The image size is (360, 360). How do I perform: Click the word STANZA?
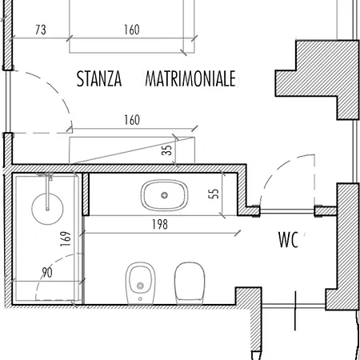[99, 78]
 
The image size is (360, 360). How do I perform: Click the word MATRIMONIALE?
[190, 78]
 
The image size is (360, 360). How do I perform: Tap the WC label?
[288, 240]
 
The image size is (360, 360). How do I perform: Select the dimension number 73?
[41, 30]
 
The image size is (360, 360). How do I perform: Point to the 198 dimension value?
[160, 224]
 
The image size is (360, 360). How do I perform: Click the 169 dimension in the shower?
[66, 238]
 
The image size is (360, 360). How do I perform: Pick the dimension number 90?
[47, 272]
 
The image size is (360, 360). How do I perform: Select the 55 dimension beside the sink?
[214, 194]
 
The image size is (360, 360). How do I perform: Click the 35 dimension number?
[167, 150]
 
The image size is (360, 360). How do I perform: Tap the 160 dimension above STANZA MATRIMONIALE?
[132, 30]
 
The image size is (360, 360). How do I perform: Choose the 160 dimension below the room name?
[132, 120]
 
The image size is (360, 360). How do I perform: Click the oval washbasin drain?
[164, 195]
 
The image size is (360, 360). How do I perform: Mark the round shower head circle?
[47, 208]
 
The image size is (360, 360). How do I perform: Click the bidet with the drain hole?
[140, 283]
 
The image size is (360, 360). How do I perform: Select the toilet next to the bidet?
[190, 283]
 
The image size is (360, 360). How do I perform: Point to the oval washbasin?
[164, 195]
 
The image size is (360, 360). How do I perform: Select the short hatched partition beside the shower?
[86, 194]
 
